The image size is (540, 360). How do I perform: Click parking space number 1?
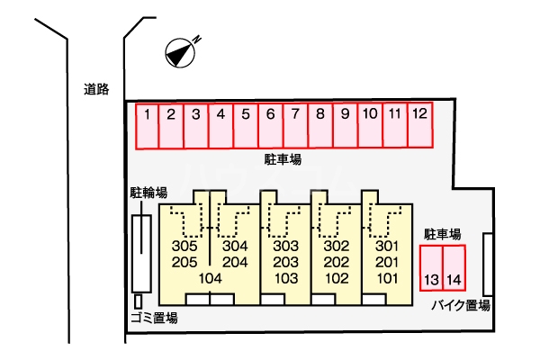[147, 126]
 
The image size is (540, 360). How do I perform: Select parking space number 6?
[270, 126]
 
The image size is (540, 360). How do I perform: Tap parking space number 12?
[419, 126]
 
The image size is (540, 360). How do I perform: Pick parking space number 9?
[345, 126]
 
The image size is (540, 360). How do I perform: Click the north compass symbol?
[180, 54]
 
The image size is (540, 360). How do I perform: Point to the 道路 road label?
[96, 88]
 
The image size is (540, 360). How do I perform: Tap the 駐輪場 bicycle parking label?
[148, 193]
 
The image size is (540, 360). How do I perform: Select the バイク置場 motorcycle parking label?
[460, 305]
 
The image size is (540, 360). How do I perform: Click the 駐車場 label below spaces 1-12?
[283, 159]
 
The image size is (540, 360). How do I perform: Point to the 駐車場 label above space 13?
[443, 234]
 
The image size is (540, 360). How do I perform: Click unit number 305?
[184, 247]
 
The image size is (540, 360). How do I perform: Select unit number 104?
[210, 278]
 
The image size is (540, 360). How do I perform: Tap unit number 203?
[285, 262]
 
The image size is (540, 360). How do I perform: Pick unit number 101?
[386, 278]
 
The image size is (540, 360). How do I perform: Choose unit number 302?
[336, 247]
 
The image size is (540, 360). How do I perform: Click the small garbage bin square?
[138, 301]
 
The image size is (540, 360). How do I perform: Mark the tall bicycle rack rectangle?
[141, 252]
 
